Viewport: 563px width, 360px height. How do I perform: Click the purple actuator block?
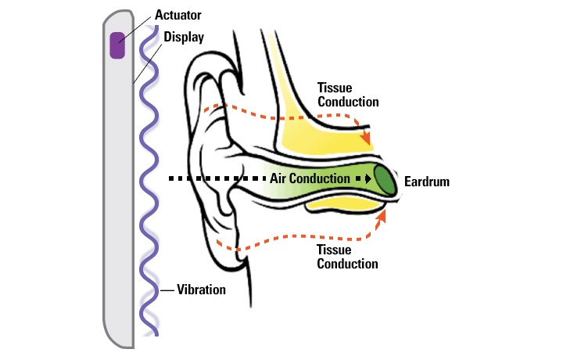[117, 45]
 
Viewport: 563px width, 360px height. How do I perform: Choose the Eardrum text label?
[428, 182]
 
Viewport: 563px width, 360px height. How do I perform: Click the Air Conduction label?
[310, 178]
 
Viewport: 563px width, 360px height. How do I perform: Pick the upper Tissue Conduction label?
[347, 95]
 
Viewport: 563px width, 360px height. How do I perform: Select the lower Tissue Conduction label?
[347, 257]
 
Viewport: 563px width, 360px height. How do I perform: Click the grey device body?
[117, 196]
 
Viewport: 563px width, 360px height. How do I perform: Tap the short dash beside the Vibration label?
[167, 290]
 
